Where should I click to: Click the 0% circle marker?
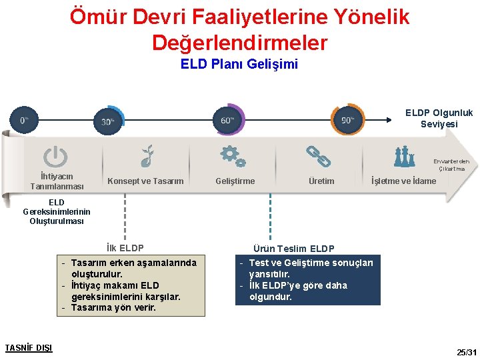[24, 120]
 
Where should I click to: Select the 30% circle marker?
[108, 121]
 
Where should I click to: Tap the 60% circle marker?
[227, 120]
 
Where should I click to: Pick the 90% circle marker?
[347, 120]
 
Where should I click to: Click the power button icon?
[55, 157]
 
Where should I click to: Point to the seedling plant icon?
[147, 156]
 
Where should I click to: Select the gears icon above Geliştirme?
[233, 156]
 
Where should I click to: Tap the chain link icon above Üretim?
[319, 156]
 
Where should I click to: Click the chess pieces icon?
[404, 157]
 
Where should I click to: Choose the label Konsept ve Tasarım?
[145, 181]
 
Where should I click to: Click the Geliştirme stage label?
[235, 181]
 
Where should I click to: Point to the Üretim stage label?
[321, 181]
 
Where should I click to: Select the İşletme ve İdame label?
[403, 181]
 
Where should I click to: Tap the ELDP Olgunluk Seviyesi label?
[439, 119]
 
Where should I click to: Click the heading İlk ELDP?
[125, 248]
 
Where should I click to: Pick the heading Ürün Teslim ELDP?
[294, 248]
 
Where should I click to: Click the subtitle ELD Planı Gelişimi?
[239, 65]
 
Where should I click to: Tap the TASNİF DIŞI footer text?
[29, 347]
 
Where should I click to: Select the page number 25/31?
[466, 351]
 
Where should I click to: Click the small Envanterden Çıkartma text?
[451, 165]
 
